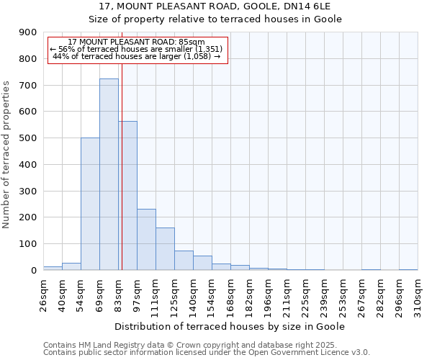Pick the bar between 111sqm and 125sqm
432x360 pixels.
click(x=165, y=249)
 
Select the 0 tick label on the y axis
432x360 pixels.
click(x=34, y=271)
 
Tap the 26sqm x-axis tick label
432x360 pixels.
click(x=44, y=295)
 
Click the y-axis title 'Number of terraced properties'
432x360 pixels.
click(x=7, y=155)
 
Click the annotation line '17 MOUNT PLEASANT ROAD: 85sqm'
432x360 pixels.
click(x=137, y=42)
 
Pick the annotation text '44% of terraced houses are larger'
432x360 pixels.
click(x=137, y=56)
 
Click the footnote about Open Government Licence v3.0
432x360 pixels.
click(x=207, y=352)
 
